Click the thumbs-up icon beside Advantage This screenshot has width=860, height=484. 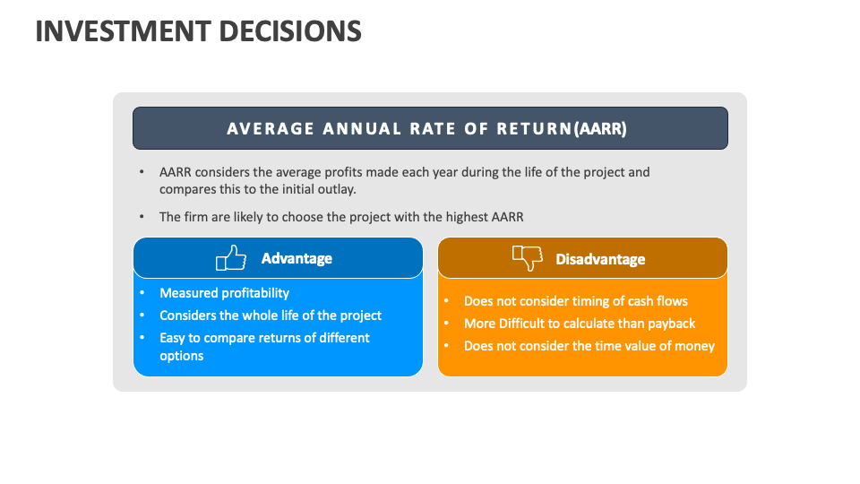click(x=231, y=258)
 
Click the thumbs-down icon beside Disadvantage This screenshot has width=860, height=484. click(x=528, y=258)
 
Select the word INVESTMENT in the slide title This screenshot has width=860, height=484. click(x=114, y=31)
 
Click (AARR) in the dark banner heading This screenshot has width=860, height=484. click(x=603, y=128)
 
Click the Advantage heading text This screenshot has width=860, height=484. click(x=297, y=258)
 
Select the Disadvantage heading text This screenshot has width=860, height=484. click(x=600, y=259)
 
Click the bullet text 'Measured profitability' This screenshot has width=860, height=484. click(x=224, y=293)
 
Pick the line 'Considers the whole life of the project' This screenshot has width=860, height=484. click(x=270, y=315)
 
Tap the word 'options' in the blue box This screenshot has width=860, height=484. click(x=181, y=356)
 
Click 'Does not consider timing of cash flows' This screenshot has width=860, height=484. click(x=575, y=301)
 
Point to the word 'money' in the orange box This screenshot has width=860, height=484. click(x=694, y=346)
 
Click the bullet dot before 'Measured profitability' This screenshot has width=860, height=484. click(x=142, y=293)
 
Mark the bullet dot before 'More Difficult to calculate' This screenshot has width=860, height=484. click(x=446, y=324)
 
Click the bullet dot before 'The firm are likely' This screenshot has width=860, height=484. click(x=142, y=217)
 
